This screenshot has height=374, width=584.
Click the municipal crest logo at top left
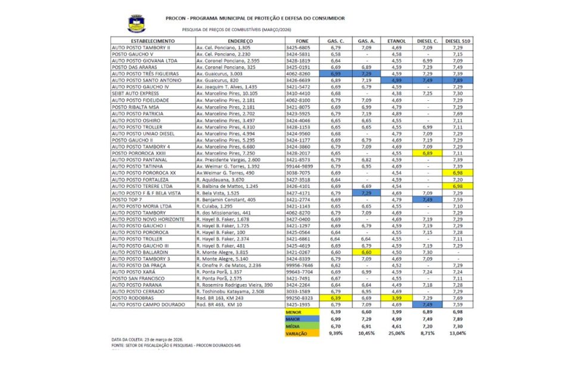pos(136,24)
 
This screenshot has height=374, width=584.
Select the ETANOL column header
pos(396,41)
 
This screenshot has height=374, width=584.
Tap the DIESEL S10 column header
pos(456,41)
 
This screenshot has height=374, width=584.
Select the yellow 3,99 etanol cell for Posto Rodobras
pos(396,297)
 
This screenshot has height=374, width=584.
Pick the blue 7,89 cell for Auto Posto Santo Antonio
pos(456,79)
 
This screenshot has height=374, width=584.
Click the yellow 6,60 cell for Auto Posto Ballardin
pos(366,252)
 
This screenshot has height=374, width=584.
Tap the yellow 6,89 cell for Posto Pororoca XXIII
pos(427,153)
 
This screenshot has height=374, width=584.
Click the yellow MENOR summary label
pos(293,311)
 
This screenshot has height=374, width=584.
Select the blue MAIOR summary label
pos(293,319)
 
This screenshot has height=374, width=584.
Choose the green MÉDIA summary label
pos(293,326)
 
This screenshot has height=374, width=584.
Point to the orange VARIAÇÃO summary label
pos(293,333)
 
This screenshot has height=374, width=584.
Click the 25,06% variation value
pos(396,333)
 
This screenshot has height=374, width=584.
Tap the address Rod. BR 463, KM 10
pos(219,304)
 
